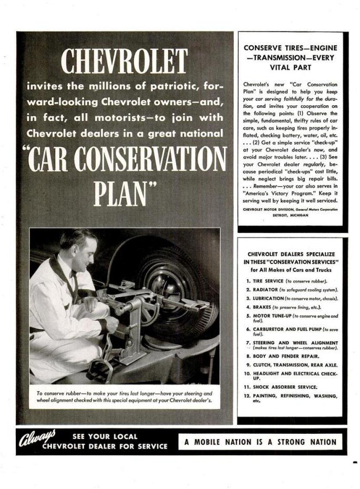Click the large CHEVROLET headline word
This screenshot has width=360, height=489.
124,61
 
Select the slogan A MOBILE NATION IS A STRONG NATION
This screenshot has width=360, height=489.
260,442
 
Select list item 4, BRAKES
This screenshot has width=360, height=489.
261,307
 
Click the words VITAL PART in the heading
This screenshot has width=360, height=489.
290,67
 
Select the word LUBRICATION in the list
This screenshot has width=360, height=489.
268,298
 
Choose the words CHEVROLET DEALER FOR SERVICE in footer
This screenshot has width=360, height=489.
105,446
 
